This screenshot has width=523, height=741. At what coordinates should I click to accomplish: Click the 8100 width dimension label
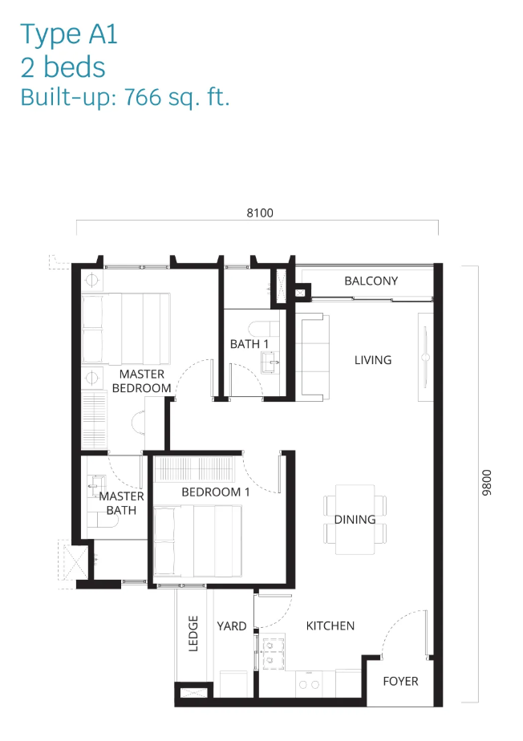pyautogui.click(x=260, y=213)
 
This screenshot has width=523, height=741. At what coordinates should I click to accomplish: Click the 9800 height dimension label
pyautogui.click(x=487, y=483)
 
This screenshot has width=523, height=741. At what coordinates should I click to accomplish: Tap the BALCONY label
pyautogui.click(x=371, y=281)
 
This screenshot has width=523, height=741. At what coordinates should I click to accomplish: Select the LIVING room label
pyautogui.click(x=373, y=360)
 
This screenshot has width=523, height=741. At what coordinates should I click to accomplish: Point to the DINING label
pyautogui.click(x=355, y=520)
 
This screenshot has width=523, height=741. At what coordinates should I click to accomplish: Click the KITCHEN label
pyautogui.click(x=330, y=626)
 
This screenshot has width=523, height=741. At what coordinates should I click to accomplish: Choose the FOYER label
pyautogui.click(x=400, y=681)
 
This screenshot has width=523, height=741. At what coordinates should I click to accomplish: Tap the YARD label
pyautogui.click(x=232, y=626)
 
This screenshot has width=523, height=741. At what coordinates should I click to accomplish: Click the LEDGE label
pyautogui.click(x=193, y=634)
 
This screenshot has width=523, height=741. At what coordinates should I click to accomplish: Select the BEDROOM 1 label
pyautogui.click(x=216, y=492)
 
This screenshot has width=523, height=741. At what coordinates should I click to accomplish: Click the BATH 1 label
pyautogui.click(x=249, y=344)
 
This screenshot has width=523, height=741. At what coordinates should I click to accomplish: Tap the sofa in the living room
pyautogui.click(x=312, y=358)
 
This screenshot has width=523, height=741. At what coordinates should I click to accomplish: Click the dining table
pyautogui.click(x=355, y=520)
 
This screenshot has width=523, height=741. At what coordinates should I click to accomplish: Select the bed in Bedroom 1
pyautogui.click(x=197, y=541)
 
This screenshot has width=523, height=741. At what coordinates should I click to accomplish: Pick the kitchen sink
pyautogui.click(x=270, y=653)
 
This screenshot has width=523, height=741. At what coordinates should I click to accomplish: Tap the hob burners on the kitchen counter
pyautogui.click(x=310, y=684)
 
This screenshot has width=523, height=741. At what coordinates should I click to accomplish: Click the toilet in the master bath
pyautogui.click(x=103, y=520)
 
